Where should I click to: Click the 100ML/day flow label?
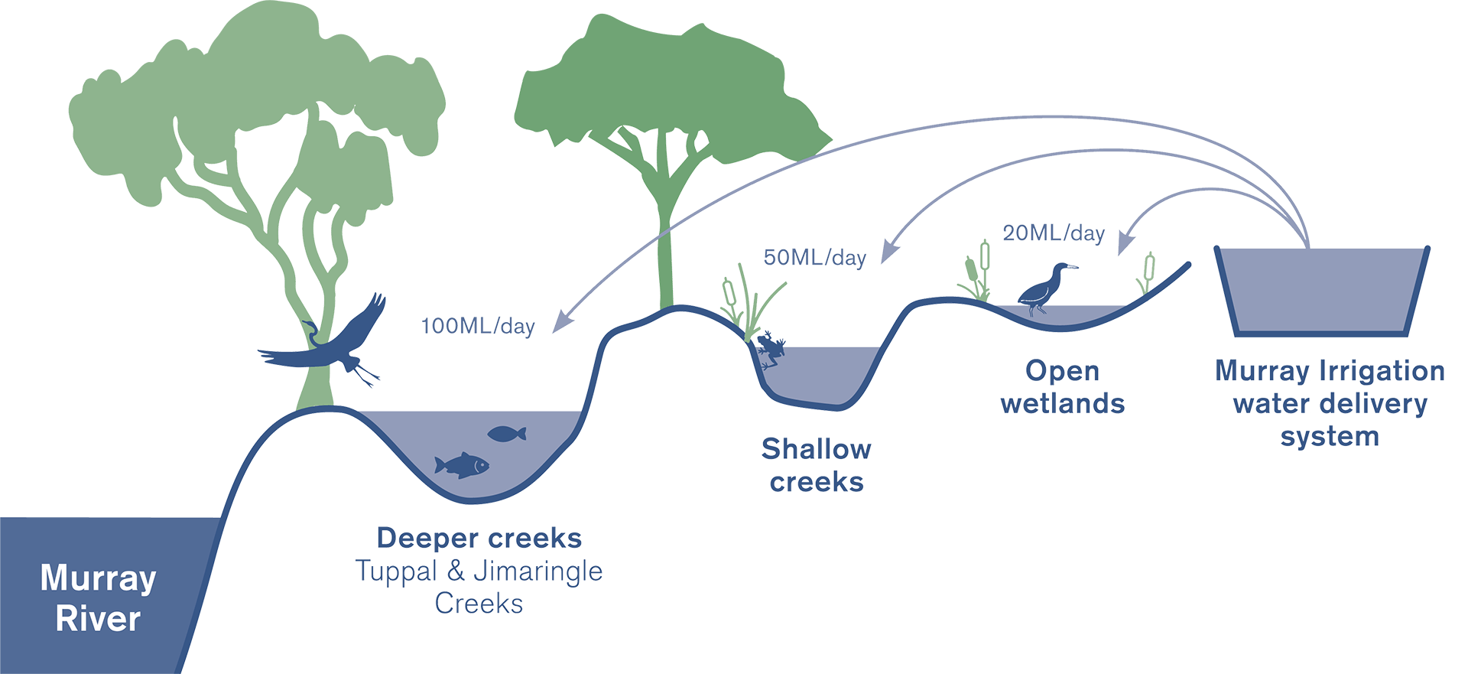(478, 326)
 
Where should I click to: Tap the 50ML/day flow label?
(814, 257)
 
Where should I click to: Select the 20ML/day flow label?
(1054, 233)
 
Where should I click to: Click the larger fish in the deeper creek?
(461, 464)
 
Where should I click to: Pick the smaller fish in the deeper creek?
(506, 434)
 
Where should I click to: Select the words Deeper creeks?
(479, 539)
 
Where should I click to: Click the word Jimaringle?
(538, 571)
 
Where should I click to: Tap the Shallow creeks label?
(816, 465)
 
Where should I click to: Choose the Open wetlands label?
(1063, 387)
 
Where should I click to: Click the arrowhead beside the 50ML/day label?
(887, 253)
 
